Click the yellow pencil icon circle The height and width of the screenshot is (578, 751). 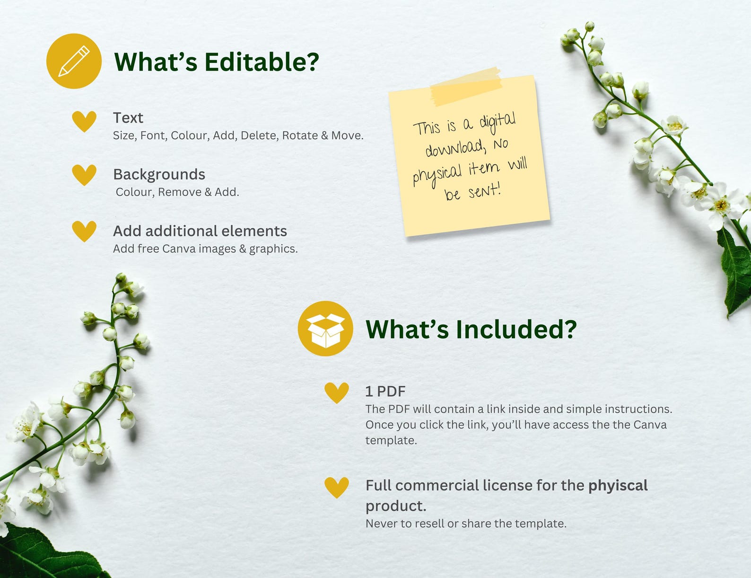click(x=74, y=61)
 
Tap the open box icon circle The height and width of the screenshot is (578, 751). click(x=325, y=329)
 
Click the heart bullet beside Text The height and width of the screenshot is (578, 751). click(x=84, y=121)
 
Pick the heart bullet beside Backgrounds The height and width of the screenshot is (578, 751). click(x=84, y=175)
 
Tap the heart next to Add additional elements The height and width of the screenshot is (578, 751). click(x=84, y=231)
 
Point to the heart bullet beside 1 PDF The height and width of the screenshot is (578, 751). click(x=337, y=392)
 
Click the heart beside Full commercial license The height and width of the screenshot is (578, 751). click(x=337, y=487)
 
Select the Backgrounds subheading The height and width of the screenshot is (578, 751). click(x=159, y=175)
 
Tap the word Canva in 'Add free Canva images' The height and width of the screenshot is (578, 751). click(x=179, y=249)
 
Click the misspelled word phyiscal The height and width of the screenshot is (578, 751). click(x=618, y=486)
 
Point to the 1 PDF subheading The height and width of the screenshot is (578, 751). click(x=385, y=391)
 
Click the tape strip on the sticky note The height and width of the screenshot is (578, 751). click(x=466, y=87)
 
